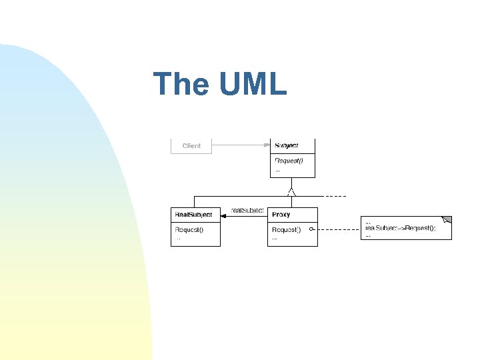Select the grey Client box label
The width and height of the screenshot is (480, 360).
click(191, 145)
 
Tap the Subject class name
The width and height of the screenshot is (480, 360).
click(287, 145)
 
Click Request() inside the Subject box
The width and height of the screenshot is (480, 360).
click(289, 161)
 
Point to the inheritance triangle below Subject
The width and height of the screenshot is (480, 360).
click(291, 192)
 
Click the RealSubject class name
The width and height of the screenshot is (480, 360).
click(193, 215)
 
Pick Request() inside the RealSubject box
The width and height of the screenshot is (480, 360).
click(189, 230)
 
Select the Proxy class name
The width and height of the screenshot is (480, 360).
click(281, 215)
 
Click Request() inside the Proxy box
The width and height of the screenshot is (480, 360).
click(286, 230)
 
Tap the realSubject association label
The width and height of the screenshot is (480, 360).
click(247, 211)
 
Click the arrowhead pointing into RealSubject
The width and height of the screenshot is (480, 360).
click(224, 215)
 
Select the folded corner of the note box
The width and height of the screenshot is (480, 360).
click(447, 220)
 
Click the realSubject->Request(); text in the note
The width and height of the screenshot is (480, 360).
click(401, 228)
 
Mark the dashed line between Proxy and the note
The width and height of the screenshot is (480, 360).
click(337, 229)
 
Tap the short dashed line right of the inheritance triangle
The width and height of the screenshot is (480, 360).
click(335, 197)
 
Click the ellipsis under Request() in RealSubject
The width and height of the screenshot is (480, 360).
click(177, 238)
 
